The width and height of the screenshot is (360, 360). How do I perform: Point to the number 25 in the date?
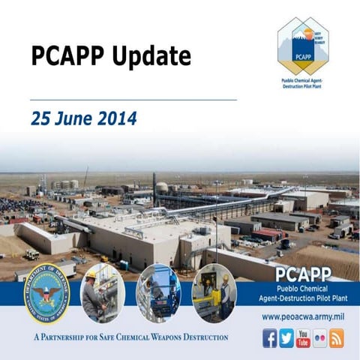[41, 118]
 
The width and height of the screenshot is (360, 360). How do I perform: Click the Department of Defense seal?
[46, 295]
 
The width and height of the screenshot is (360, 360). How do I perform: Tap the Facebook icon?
[270, 338]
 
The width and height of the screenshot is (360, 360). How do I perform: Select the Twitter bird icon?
[287, 338]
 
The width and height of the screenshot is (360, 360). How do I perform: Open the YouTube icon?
[304, 338]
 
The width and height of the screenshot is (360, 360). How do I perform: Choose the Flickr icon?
[320, 338]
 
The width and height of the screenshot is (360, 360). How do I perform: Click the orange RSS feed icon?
[337, 338]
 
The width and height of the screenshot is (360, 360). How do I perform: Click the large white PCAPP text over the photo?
[309, 274]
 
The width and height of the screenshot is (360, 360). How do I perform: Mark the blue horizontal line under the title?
[133, 100]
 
